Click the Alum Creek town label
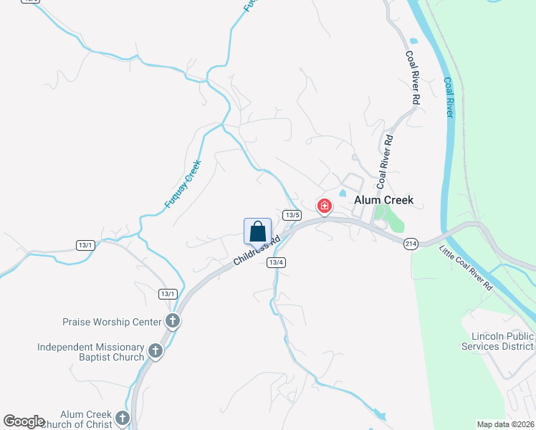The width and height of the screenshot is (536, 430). click(384, 201)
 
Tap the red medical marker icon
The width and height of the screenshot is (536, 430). click(325, 206)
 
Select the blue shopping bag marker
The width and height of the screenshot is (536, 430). click(258, 232)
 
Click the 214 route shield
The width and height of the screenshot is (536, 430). click(411, 243)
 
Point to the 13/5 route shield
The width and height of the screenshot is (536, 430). click(291, 215)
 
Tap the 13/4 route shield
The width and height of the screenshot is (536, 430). click(277, 262)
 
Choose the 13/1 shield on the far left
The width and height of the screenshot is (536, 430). click(85, 245)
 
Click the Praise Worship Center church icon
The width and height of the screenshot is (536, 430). click(172, 321)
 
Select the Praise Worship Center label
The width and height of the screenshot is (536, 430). click(113, 322)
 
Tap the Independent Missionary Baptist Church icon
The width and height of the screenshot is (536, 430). click(155, 352)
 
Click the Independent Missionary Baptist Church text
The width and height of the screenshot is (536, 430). click(91, 352)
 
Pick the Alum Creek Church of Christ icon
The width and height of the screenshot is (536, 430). click(123, 418)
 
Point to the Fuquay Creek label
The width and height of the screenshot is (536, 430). click(183, 183)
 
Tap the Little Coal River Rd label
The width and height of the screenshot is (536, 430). click(466, 268)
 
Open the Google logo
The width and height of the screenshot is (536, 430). click(24, 421)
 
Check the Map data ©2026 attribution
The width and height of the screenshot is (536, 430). click(505, 424)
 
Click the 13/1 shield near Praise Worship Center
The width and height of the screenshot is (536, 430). click(168, 294)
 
